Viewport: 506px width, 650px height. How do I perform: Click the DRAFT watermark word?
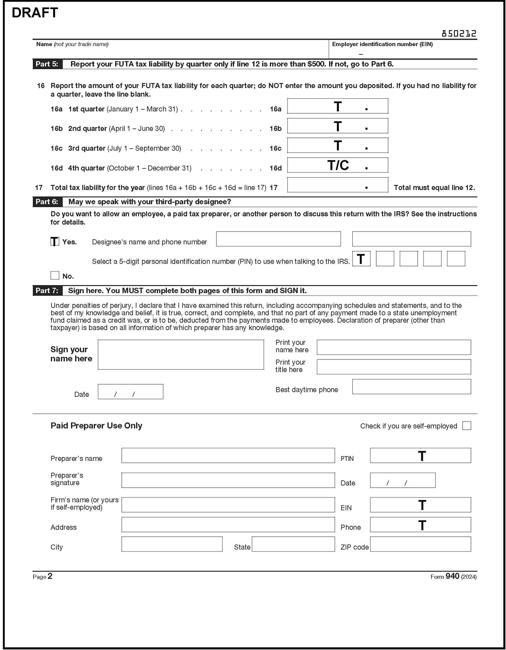[x=35, y=13]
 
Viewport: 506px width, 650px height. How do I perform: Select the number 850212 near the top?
[x=459, y=34]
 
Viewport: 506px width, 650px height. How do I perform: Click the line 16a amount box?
[x=337, y=106]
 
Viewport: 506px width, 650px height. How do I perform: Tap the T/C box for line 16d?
[x=337, y=165]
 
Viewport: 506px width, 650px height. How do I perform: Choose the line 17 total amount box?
[x=337, y=185]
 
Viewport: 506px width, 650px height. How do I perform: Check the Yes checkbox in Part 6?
[x=55, y=241]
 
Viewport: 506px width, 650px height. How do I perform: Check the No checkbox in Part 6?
[x=55, y=275]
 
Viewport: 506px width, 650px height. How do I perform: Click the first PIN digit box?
[x=361, y=259]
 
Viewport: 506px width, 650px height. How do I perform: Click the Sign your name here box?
[x=181, y=354]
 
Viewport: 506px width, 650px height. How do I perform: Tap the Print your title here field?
[x=393, y=367]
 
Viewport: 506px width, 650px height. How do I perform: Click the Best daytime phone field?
[x=411, y=386]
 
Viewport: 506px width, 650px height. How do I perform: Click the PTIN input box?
[x=420, y=455]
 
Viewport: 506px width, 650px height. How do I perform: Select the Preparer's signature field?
[x=228, y=480]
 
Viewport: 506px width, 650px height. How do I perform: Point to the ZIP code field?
[x=420, y=544]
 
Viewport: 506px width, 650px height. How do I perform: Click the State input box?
[x=293, y=544]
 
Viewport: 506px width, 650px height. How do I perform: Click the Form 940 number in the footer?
[x=452, y=576]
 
